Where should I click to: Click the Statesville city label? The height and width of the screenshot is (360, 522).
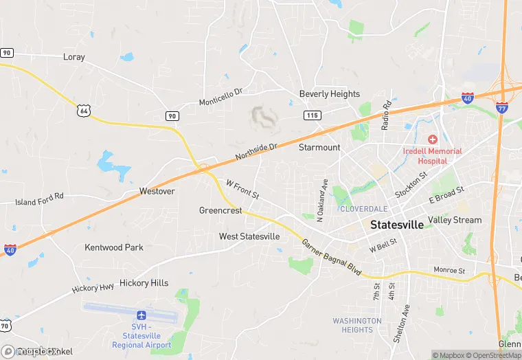pyautogui.click(x=396, y=225)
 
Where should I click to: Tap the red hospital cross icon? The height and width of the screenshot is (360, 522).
pyautogui.click(x=433, y=139)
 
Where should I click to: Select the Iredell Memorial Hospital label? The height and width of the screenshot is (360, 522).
pyautogui.click(x=433, y=155)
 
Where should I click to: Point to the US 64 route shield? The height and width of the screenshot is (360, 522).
pyautogui.click(x=84, y=110)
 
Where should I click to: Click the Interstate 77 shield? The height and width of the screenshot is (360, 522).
pyautogui.click(x=501, y=106)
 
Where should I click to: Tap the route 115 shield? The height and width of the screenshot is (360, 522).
pyautogui.click(x=312, y=115)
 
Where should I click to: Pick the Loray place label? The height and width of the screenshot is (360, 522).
pyautogui.click(x=73, y=57)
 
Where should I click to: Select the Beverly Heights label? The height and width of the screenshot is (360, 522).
pyautogui.click(x=329, y=93)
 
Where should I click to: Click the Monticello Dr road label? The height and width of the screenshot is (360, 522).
pyautogui.click(x=221, y=97)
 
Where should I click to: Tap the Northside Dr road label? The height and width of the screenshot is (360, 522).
pyautogui.click(x=256, y=152)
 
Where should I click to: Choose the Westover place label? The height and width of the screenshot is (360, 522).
pyautogui.click(x=157, y=191)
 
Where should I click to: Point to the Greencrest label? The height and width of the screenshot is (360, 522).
pyautogui.click(x=220, y=210)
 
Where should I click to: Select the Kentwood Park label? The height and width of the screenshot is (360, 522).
pyautogui.click(x=114, y=247)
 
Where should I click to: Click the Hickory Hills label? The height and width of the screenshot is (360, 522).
pyautogui.click(x=144, y=282)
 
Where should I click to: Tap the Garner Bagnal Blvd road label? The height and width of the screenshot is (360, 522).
pyautogui.click(x=332, y=258)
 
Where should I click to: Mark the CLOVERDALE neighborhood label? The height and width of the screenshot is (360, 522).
pyautogui.click(x=364, y=208)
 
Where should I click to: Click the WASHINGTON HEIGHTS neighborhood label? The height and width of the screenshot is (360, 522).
pyautogui.click(x=357, y=325)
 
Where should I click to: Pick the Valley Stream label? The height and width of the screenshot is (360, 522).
pyautogui.click(x=455, y=220)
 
